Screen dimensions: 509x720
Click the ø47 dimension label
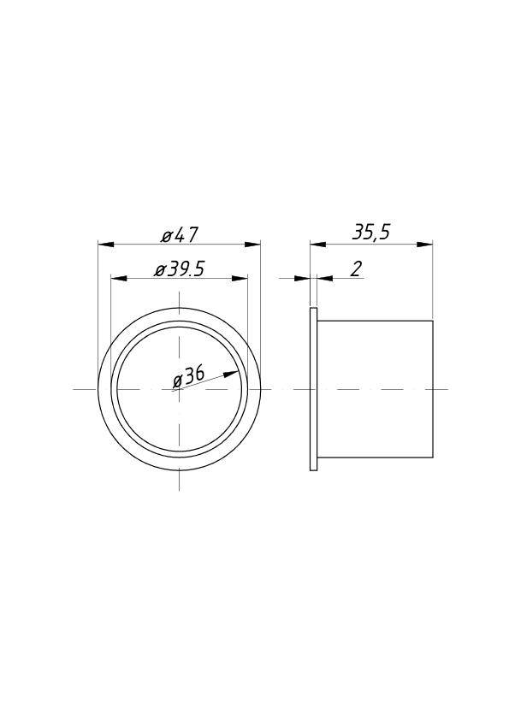point(181,235)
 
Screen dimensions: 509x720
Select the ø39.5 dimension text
point(179,269)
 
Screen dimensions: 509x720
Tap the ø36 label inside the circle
point(189,376)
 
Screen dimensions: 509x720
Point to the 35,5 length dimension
point(371,233)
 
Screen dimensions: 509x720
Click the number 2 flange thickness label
point(356,269)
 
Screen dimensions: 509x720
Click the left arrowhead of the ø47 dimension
point(107,245)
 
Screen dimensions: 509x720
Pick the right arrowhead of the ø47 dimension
point(252,245)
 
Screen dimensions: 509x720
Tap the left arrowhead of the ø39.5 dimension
point(119,279)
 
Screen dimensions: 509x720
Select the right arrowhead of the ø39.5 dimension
point(240,279)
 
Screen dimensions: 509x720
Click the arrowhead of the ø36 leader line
point(232,374)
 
